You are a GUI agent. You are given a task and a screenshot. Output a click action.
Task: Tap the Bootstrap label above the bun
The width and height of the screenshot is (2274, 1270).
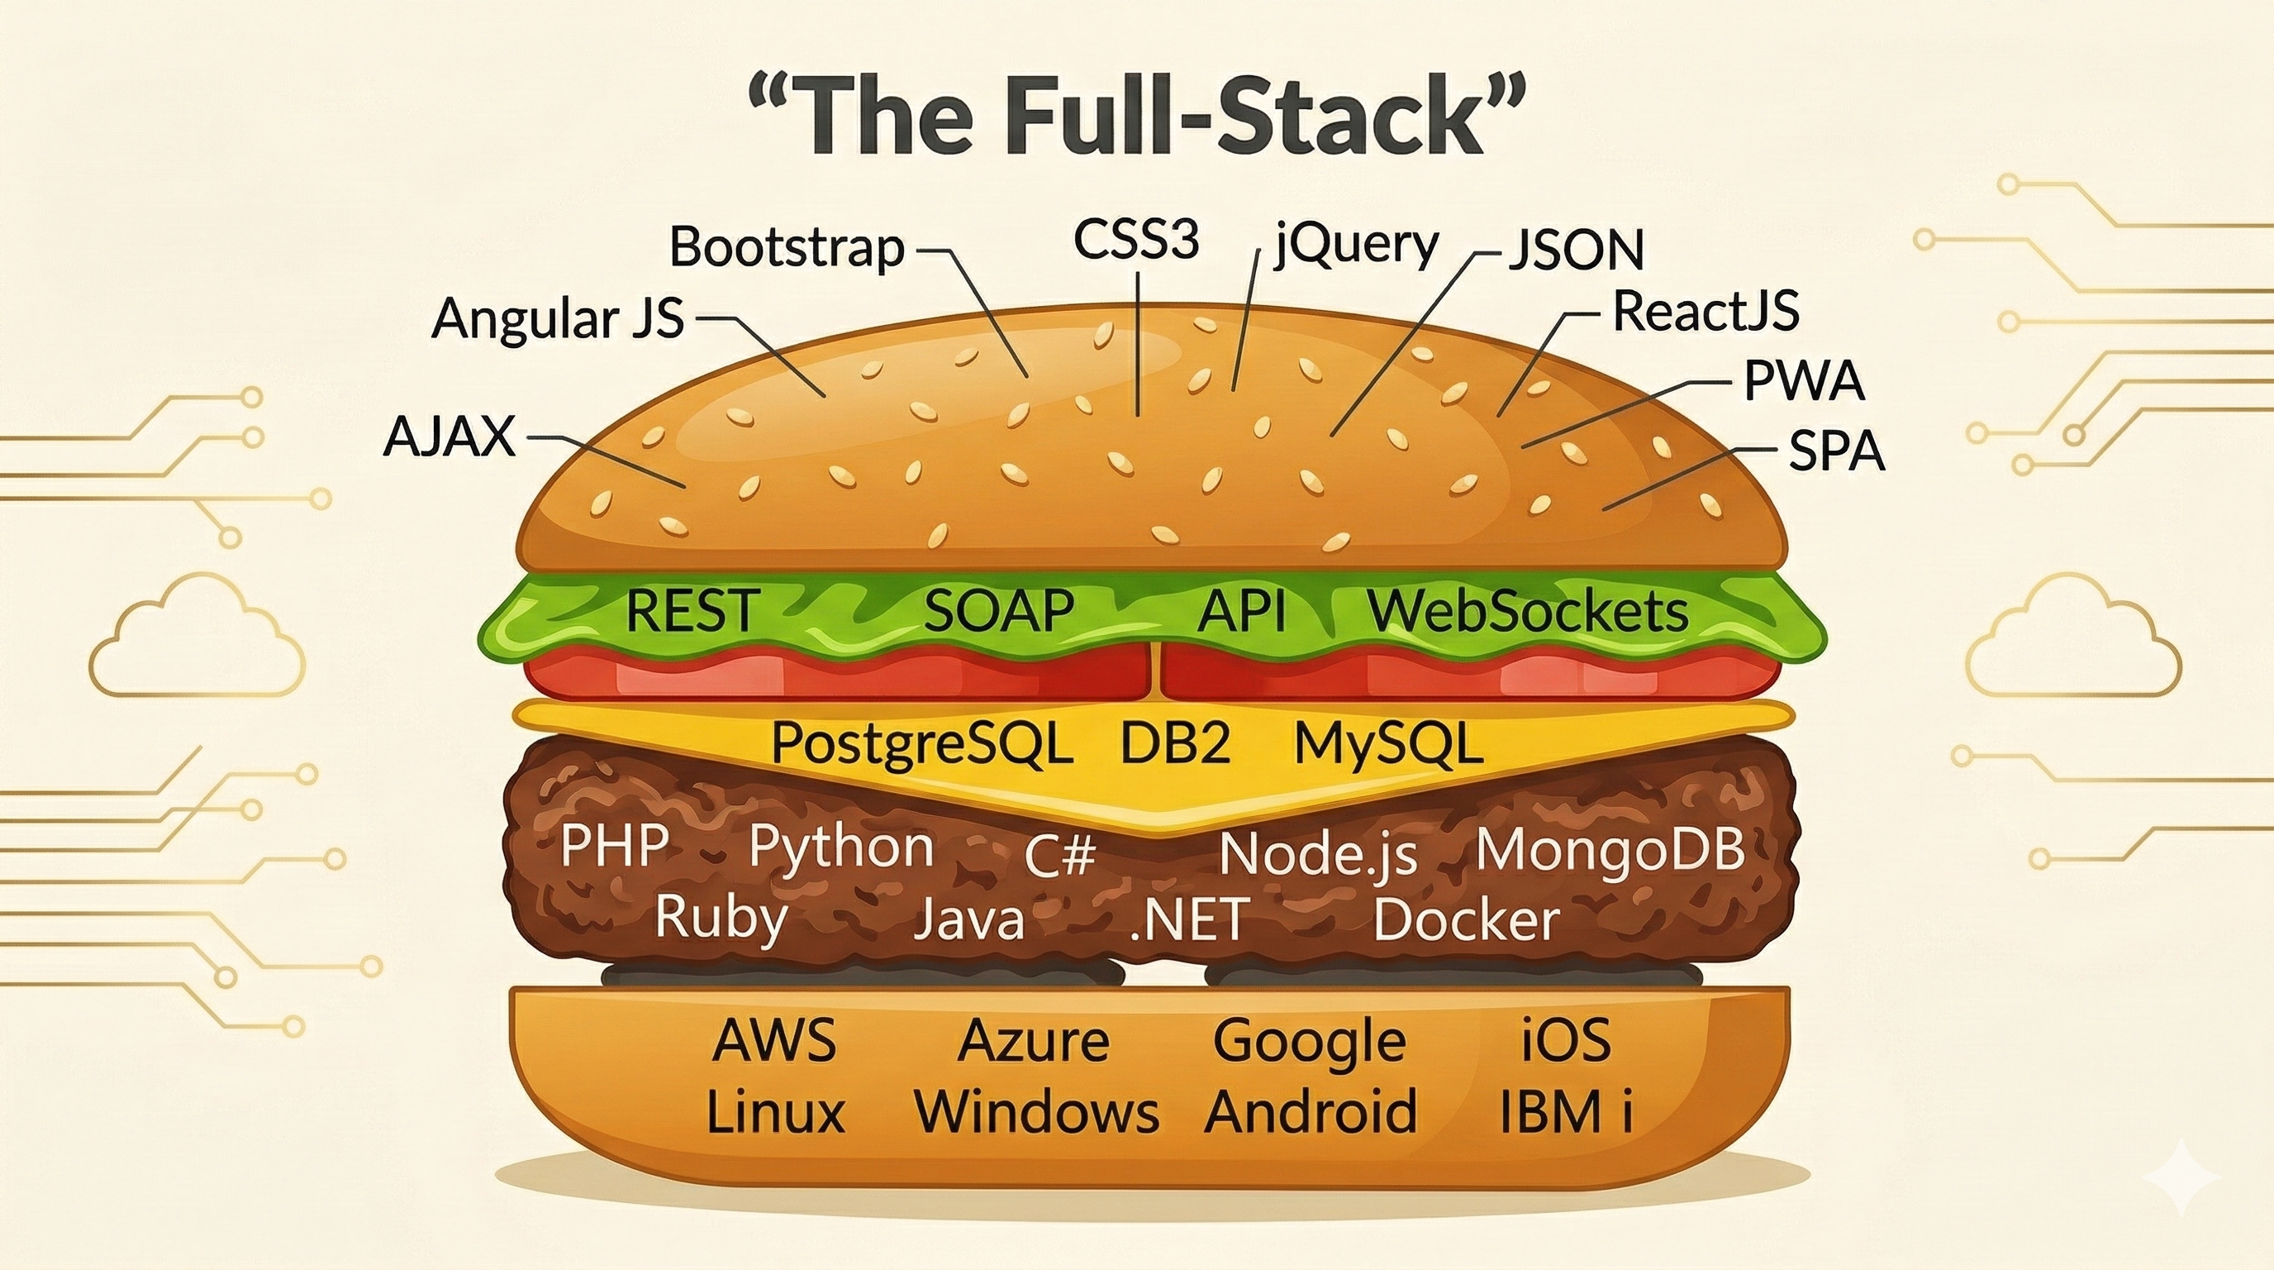tap(787, 247)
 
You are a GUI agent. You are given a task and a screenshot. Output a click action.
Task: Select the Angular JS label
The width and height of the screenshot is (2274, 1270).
tap(558, 318)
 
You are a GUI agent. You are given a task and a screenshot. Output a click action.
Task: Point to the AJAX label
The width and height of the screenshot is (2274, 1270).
tap(450, 437)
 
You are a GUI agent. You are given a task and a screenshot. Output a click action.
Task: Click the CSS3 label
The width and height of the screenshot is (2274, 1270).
tap(1136, 239)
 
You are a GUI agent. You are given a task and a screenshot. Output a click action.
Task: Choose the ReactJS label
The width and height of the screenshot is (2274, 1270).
tap(1705, 312)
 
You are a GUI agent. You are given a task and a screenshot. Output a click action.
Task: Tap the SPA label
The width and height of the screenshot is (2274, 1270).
tap(1836, 451)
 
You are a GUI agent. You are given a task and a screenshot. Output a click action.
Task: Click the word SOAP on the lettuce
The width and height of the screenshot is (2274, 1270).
tap(998, 611)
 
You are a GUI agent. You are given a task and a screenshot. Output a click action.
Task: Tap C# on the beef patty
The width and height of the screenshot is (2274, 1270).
tap(1060, 855)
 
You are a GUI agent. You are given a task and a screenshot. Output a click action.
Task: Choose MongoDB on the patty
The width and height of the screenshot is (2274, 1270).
tap(1610, 850)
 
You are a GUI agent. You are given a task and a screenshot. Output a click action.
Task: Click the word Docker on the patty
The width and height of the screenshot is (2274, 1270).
tap(1466, 919)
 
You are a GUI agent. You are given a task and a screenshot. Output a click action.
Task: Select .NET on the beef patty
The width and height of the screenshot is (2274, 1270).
tap(1188, 919)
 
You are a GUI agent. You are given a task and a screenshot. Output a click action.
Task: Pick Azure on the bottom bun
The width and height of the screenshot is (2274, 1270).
tap(1033, 1041)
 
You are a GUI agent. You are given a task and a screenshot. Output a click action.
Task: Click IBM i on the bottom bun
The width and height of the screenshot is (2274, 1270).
tap(1565, 1112)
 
